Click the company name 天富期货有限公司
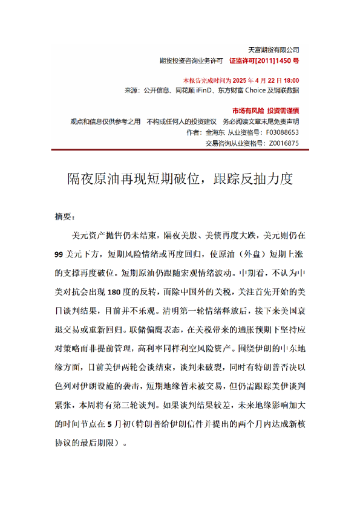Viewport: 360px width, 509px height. pos(274,49)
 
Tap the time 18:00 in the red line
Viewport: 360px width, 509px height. pos(290,80)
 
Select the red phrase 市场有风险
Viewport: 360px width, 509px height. pos(247,111)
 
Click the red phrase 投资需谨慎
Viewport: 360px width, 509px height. pos(283,111)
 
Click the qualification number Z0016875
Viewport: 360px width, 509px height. pos(283,143)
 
